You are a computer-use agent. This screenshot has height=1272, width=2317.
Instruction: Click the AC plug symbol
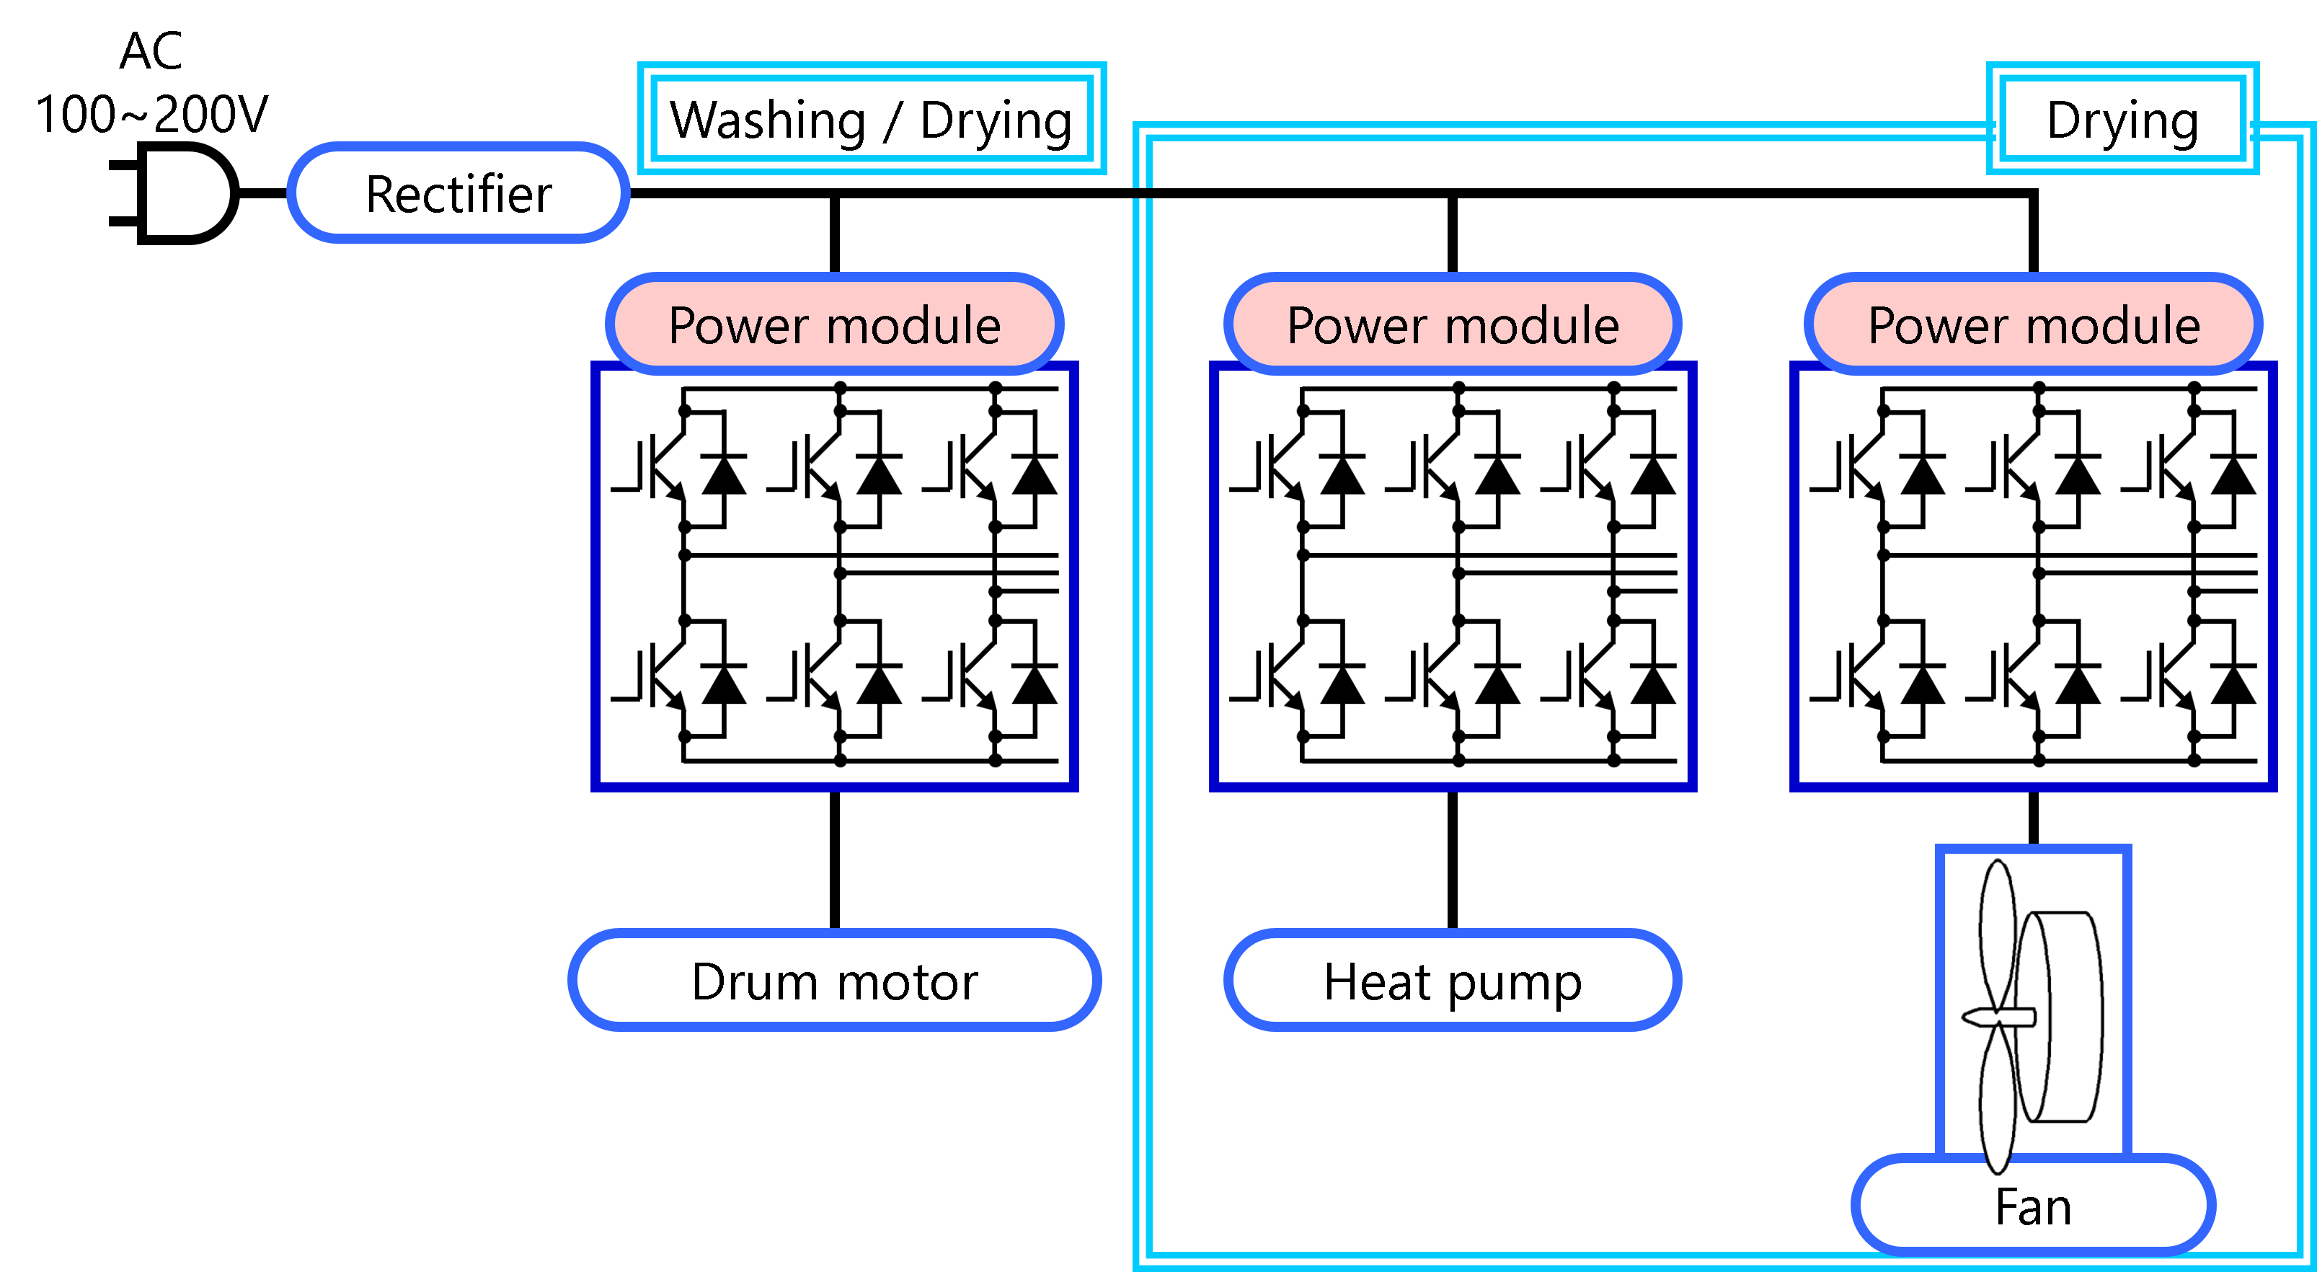(x=175, y=193)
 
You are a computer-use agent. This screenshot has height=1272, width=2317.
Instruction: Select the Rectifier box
(x=458, y=193)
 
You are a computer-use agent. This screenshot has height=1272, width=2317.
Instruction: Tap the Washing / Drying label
(x=872, y=119)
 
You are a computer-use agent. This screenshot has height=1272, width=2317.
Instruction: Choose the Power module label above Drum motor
(x=835, y=324)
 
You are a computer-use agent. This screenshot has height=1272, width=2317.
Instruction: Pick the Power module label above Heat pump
(x=1453, y=324)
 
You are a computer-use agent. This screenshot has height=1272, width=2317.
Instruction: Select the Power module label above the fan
(x=2034, y=324)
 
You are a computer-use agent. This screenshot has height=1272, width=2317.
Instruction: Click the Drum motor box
(x=835, y=980)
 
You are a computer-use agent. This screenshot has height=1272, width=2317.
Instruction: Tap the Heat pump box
(x=1453, y=980)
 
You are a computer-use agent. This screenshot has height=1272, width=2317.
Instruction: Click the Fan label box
(x=2034, y=1206)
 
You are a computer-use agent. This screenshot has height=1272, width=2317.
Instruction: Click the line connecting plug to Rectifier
(x=264, y=193)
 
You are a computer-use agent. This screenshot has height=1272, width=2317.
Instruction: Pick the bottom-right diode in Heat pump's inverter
(x=1653, y=684)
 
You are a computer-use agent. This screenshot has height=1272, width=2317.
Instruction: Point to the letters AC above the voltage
(x=151, y=50)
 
